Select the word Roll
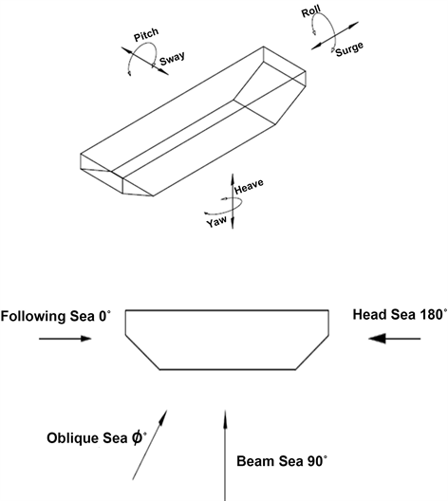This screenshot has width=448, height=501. click(x=311, y=12)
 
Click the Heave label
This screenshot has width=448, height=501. click(x=248, y=183)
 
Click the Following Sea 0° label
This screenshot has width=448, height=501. click(x=56, y=314)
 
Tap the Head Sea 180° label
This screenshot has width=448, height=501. click(x=397, y=314)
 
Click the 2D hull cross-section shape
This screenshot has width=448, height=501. click(x=227, y=338)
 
